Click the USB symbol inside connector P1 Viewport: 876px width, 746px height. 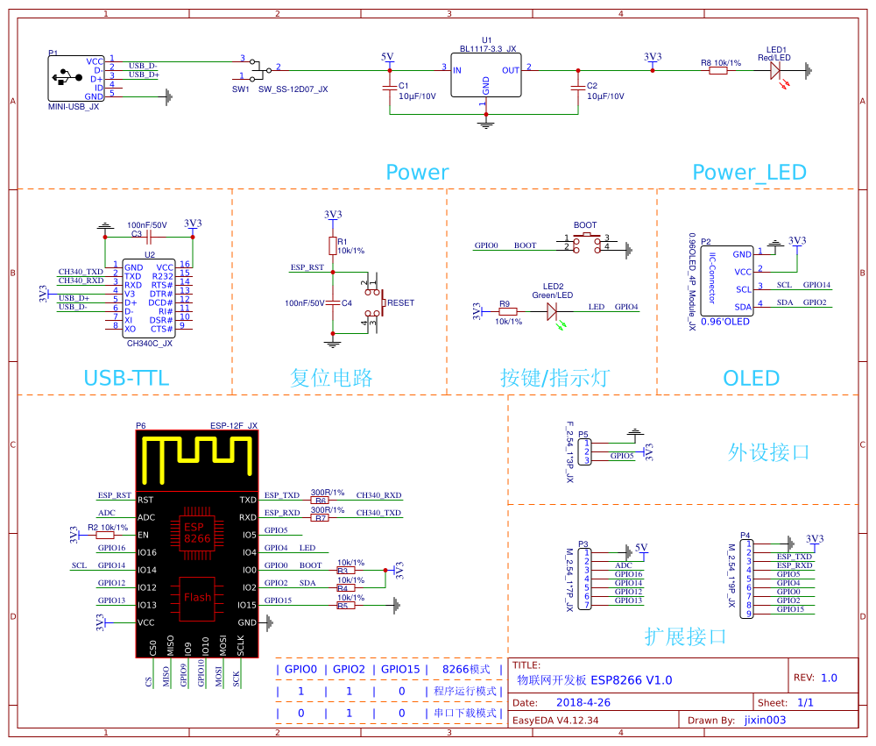click(x=64, y=78)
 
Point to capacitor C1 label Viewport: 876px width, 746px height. click(x=404, y=86)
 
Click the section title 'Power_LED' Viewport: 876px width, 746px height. click(x=749, y=173)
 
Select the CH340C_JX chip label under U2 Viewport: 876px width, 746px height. click(x=150, y=344)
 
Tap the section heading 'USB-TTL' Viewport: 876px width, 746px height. click(x=126, y=379)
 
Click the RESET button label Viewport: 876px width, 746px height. click(x=400, y=302)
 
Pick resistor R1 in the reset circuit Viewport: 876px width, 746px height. click(x=332, y=245)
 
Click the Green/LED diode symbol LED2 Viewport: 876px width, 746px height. click(x=553, y=312)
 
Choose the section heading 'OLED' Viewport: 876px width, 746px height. click(x=751, y=379)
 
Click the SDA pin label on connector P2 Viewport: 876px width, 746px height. click(x=743, y=307)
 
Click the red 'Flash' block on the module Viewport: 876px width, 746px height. click(x=197, y=598)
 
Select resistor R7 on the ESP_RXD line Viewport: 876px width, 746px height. click(x=321, y=518)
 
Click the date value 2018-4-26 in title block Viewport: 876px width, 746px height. click(x=583, y=703)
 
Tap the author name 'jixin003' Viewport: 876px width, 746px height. click(x=765, y=721)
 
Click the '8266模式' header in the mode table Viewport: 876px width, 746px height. click(x=466, y=669)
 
